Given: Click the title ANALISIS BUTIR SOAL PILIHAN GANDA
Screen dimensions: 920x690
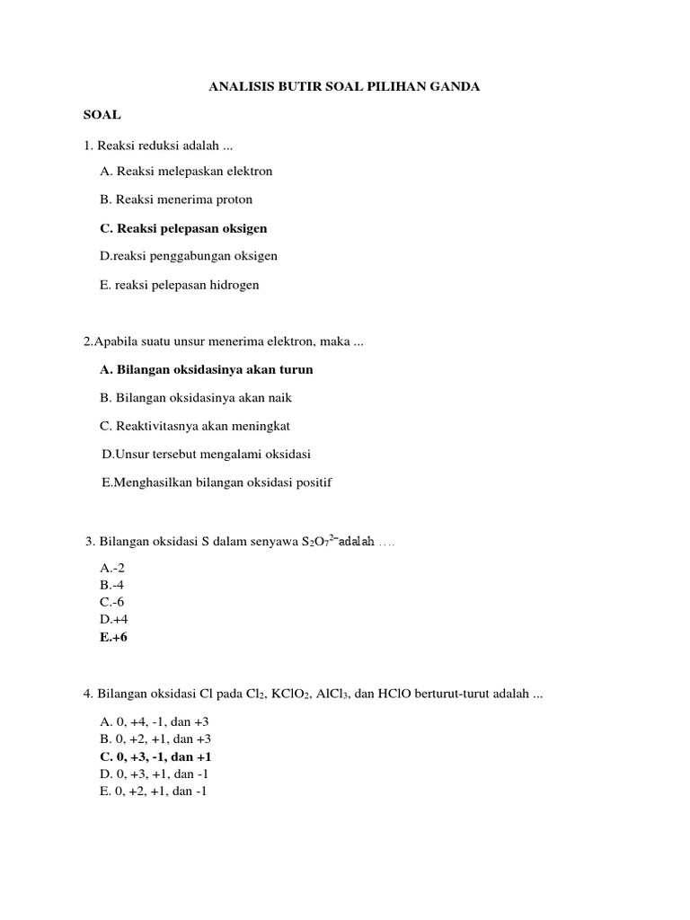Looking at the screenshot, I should pos(344,87).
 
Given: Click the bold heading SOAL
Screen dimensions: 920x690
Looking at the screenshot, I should pos(102,116).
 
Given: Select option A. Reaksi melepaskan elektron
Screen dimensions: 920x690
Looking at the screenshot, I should pos(186,171).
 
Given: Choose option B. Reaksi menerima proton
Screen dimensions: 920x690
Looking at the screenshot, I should pos(176,199).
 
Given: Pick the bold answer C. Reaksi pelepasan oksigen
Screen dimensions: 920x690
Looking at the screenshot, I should pos(183,228).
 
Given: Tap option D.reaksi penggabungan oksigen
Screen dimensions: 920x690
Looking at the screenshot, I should pos(189,256).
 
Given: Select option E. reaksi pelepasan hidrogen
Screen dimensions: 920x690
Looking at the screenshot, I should pos(180,285).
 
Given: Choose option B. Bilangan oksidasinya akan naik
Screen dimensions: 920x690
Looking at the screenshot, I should pos(196,397).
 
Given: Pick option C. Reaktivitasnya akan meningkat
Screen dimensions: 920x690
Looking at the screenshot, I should pos(195,426).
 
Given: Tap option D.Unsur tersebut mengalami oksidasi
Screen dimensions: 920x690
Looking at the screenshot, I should pos(206,455).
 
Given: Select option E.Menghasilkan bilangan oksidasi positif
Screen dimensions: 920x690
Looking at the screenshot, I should pos(217,482).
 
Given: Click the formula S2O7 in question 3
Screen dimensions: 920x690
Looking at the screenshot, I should pos(319,542).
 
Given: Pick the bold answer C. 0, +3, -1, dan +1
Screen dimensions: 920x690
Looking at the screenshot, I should pos(155,756).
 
